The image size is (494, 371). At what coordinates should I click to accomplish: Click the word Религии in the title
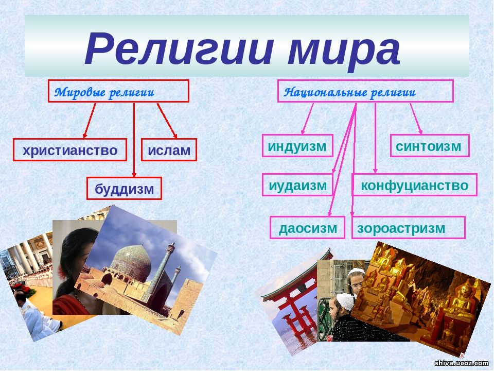coord(178,49)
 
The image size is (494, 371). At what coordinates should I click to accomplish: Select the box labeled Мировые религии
coord(118,91)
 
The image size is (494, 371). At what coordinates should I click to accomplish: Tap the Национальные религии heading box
coord(365,91)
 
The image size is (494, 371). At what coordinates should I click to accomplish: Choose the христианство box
coord(70,149)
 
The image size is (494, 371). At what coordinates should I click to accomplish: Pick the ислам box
coord(169,149)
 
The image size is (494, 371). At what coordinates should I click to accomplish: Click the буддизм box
coord(124,189)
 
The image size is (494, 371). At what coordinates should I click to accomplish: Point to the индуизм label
coord(297,146)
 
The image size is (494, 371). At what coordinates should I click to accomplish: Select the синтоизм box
coord(430,146)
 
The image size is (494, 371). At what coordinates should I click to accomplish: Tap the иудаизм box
coord(297,185)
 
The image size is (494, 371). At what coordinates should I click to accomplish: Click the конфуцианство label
coord(414,185)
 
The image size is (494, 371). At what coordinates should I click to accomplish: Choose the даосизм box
coord(307,227)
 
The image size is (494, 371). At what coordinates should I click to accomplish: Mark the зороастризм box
coord(408,227)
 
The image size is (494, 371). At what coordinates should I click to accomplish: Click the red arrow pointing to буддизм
coord(134,140)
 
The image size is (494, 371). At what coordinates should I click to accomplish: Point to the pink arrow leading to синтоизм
coord(416,119)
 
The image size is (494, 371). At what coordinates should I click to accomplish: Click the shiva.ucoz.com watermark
coord(461,363)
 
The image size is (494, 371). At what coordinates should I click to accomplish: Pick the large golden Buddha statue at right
coord(461,300)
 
